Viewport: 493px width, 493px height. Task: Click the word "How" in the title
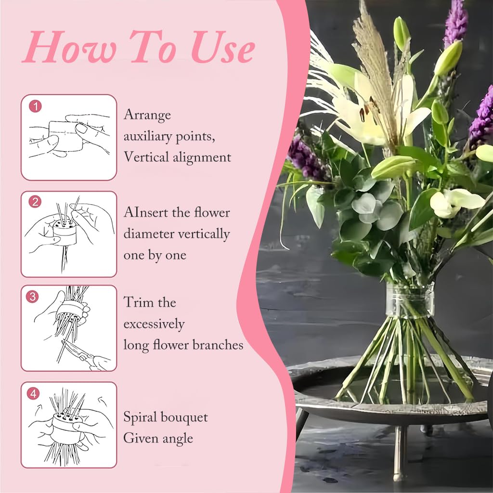tap(69, 47)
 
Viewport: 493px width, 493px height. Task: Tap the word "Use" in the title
tap(222, 47)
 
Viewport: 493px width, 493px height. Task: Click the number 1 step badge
tap(35, 106)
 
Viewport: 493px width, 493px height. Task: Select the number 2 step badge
tap(35, 202)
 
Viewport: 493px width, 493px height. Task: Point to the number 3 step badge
tap(32, 297)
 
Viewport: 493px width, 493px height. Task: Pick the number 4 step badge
tap(33, 393)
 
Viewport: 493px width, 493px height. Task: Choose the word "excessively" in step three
tap(154, 324)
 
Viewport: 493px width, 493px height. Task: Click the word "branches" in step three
tap(218, 345)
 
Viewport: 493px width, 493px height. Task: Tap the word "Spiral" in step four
tap(140, 418)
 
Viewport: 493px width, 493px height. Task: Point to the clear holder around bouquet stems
tap(410, 300)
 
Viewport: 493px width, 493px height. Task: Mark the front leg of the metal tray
tap(399, 453)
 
